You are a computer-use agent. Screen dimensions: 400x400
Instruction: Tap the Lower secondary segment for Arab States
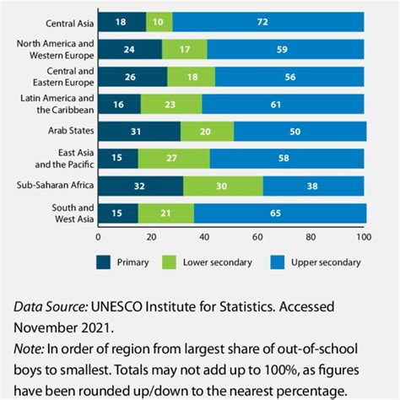[x=207, y=131]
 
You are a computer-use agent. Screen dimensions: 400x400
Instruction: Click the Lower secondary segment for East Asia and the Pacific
[x=174, y=159]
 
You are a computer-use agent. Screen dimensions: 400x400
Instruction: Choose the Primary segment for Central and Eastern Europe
[x=132, y=77]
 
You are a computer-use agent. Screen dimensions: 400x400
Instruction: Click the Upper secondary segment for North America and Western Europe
[x=285, y=49]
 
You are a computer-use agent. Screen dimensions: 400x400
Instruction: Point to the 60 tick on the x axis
[x=258, y=237]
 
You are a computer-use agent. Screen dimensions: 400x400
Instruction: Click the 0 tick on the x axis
[x=99, y=237]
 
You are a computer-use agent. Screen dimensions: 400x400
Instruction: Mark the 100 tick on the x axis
[x=364, y=237]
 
